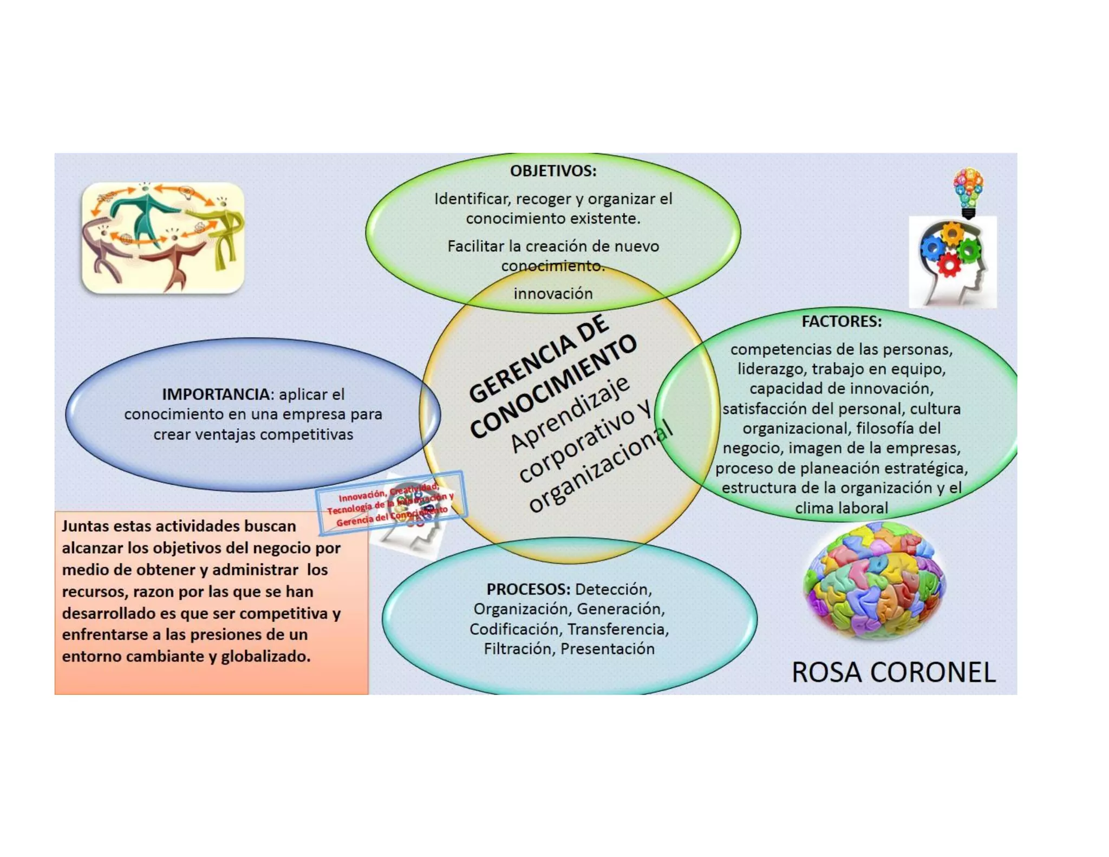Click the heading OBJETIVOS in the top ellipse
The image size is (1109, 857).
click(552, 171)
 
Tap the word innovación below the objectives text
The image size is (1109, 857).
click(553, 293)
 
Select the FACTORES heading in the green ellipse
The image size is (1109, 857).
click(841, 321)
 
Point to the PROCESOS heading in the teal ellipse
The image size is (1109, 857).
click(527, 589)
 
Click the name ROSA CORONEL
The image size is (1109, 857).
click(893, 672)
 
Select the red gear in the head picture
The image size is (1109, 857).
click(949, 265)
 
